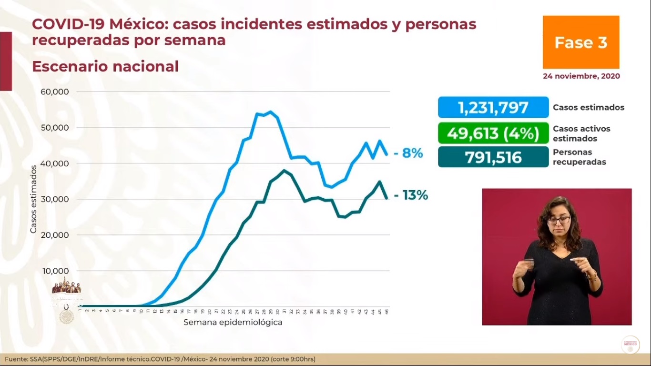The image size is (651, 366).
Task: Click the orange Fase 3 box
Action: click(580, 42)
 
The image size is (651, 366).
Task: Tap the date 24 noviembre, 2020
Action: click(581, 76)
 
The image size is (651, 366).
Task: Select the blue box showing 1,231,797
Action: click(493, 107)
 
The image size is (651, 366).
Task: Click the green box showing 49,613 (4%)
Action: click(493, 133)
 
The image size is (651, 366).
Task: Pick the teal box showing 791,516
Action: click(493, 157)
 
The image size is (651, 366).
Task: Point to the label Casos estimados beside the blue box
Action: click(588, 107)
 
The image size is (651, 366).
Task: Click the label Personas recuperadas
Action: click(579, 157)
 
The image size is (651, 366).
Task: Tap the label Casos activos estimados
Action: click(581, 133)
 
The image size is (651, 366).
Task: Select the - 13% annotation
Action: click(410, 195)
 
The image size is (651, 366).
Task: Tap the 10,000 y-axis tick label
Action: click(56, 271)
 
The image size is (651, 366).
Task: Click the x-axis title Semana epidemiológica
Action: click(233, 322)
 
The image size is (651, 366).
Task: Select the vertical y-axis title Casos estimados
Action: click(33, 199)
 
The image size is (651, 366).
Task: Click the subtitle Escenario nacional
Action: click(105, 66)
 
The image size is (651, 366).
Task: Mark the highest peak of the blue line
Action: click(270, 112)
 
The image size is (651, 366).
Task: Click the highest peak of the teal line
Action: click(284, 170)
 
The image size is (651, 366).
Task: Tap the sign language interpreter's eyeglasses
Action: click(559, 220)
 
